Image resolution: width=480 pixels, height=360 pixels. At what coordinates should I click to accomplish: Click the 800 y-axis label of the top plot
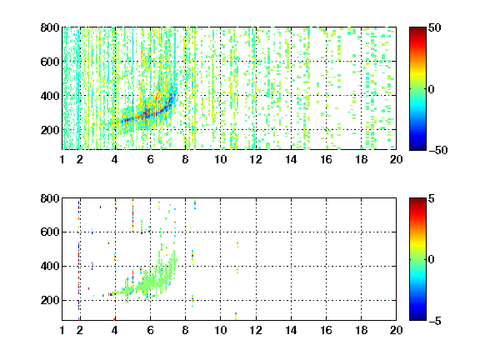coord(50,27)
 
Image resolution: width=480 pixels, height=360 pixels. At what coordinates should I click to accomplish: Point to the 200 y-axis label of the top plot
coord(50,130)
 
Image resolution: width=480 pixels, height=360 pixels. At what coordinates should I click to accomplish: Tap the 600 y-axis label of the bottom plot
coord(50,232)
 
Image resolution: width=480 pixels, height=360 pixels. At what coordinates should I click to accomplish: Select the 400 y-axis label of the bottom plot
coord(50,266)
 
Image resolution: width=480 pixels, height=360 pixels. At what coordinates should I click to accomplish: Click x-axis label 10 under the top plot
coord(220,159)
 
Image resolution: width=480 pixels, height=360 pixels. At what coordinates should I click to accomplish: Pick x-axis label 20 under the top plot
coord(396,159)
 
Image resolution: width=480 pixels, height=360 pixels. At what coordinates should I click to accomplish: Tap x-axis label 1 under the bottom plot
coord(62,330)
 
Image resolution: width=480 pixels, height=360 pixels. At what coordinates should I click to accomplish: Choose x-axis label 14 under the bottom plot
coord(291,330)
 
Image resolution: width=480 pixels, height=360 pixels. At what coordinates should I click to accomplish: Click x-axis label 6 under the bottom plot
coord(150,330)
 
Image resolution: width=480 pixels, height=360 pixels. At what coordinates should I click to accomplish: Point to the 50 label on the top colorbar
coord(434,27)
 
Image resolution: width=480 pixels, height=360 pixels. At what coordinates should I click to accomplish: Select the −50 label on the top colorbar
coord(437,150)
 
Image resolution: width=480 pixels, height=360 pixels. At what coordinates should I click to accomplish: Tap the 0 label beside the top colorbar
coord(432,89)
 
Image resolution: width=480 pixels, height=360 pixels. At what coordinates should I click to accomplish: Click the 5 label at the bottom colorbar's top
coord(432,198)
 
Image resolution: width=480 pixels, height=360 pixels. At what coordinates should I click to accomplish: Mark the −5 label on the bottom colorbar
coord(435,321)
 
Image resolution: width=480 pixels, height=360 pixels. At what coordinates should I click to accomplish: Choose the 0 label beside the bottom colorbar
coord(432,260)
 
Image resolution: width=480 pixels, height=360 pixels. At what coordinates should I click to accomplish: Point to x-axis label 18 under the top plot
coord(361,159)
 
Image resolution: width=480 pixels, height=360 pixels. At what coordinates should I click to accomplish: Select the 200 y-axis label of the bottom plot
coord(50,300)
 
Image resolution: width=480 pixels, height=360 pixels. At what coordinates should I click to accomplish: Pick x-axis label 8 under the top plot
coord(185,159)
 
